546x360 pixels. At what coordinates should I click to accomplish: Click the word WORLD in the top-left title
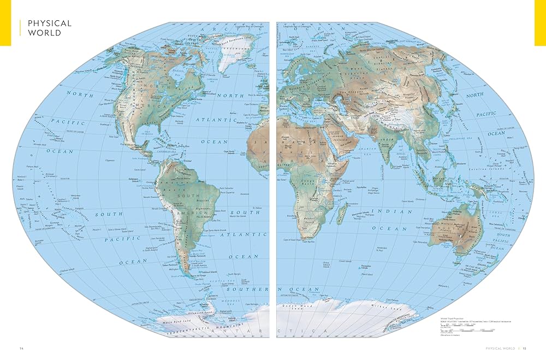pyautogui.click(x=43, y=33)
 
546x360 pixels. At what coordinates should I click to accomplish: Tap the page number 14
pyautogui.click(x=21, y=348)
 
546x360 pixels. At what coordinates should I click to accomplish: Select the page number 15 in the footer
pyautogui.click(x=524, y=348)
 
